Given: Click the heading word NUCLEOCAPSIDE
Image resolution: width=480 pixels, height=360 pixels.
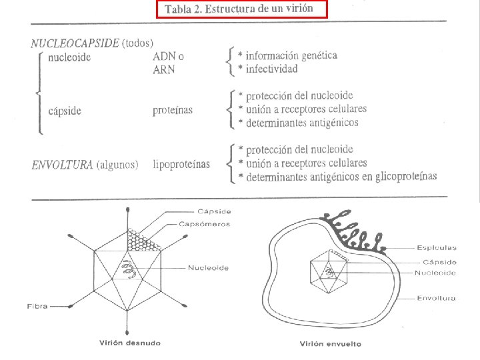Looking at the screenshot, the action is click(x=75, y=43).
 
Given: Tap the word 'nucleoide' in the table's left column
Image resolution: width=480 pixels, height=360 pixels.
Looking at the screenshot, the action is click(x=70, y=57).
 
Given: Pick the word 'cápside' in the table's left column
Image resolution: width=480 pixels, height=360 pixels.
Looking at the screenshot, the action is click(x=65, y=111).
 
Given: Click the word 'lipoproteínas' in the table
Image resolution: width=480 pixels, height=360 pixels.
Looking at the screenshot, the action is click(x=181, y=164).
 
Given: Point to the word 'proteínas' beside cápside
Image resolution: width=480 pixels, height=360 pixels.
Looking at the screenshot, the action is click(x=173, y=111).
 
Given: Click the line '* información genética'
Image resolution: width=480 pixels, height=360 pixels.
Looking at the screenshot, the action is click(x=288, y=55).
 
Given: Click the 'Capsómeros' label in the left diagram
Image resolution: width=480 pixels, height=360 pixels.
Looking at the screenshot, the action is click(x=204, y=224).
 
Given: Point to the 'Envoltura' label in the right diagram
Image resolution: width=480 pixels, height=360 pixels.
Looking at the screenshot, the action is click(x=436, y=298).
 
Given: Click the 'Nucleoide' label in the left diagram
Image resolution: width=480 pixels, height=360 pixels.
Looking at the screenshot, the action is click(x=208, y=268).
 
